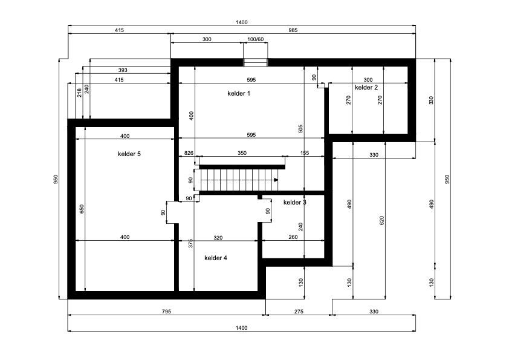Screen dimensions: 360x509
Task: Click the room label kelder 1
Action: (x=238, y=94)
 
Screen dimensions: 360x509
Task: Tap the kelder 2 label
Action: (x=366, y=88)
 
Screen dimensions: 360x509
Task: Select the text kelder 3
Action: (x=294, y=202)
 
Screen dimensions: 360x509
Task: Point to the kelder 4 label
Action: (x=216, y=258)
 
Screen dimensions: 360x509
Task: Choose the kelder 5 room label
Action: (x=129, y=154)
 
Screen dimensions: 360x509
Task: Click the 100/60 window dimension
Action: (x=256, y=39)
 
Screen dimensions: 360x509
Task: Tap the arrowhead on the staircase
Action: (x=276, y=180)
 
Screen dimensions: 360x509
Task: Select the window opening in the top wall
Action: (x=255, y=62)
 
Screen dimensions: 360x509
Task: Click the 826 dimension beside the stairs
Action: (x=189, y=154)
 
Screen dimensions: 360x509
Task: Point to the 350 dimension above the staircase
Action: (x=242, y=154)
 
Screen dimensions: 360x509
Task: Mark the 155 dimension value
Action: (x=304, y=154)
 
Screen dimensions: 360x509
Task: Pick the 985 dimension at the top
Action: (x=293, y=30)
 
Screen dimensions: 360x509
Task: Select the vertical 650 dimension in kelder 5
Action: (x=80, y=209)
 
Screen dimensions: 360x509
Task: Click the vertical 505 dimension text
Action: (x=300, y=128)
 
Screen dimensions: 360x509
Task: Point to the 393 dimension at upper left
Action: (x=123, y=70)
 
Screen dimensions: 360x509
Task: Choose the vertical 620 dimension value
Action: (x=381, y=221)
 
